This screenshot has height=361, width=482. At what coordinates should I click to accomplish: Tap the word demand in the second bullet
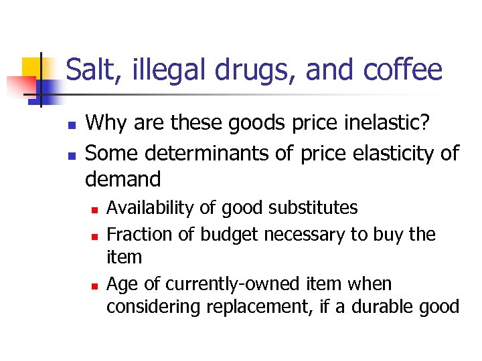click(x=123, y=179)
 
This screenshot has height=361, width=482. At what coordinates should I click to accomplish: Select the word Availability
click(x=146, y=208)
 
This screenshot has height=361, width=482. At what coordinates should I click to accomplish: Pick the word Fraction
click(x=137, y=235)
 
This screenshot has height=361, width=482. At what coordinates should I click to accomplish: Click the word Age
click(x=123, y=285)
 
